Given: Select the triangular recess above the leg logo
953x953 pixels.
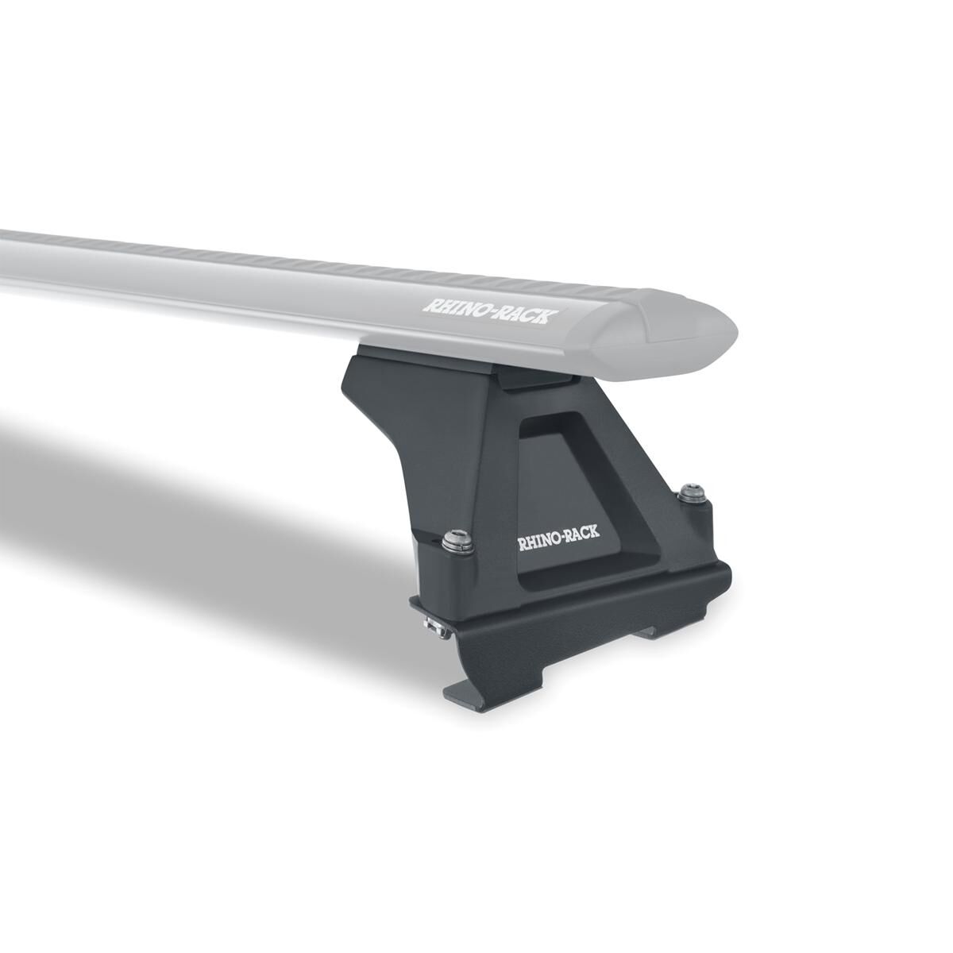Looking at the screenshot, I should tap(565, 469).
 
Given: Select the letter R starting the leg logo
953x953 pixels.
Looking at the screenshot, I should tap(523, 546).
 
